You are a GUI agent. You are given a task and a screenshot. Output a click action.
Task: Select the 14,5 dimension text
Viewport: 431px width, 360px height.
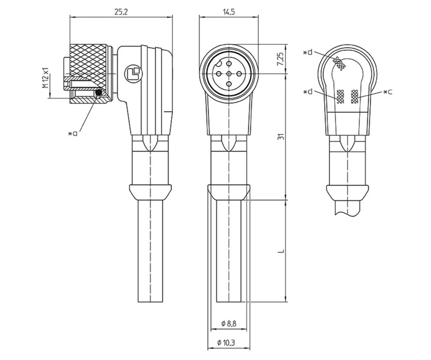229,12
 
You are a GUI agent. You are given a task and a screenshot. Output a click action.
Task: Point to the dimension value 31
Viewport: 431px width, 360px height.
281,137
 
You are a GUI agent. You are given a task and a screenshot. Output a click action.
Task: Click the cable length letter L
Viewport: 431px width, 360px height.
281,251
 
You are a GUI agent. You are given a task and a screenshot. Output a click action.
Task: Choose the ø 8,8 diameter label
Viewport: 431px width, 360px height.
229,323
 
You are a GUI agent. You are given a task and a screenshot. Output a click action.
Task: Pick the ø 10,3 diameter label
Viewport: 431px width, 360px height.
229,343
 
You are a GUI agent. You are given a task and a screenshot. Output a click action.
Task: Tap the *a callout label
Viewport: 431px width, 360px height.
73,133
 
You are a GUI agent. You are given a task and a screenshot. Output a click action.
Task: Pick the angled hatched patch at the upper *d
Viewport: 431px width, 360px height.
341,64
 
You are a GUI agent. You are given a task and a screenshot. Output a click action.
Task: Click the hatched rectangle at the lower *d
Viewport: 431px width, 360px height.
340,97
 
